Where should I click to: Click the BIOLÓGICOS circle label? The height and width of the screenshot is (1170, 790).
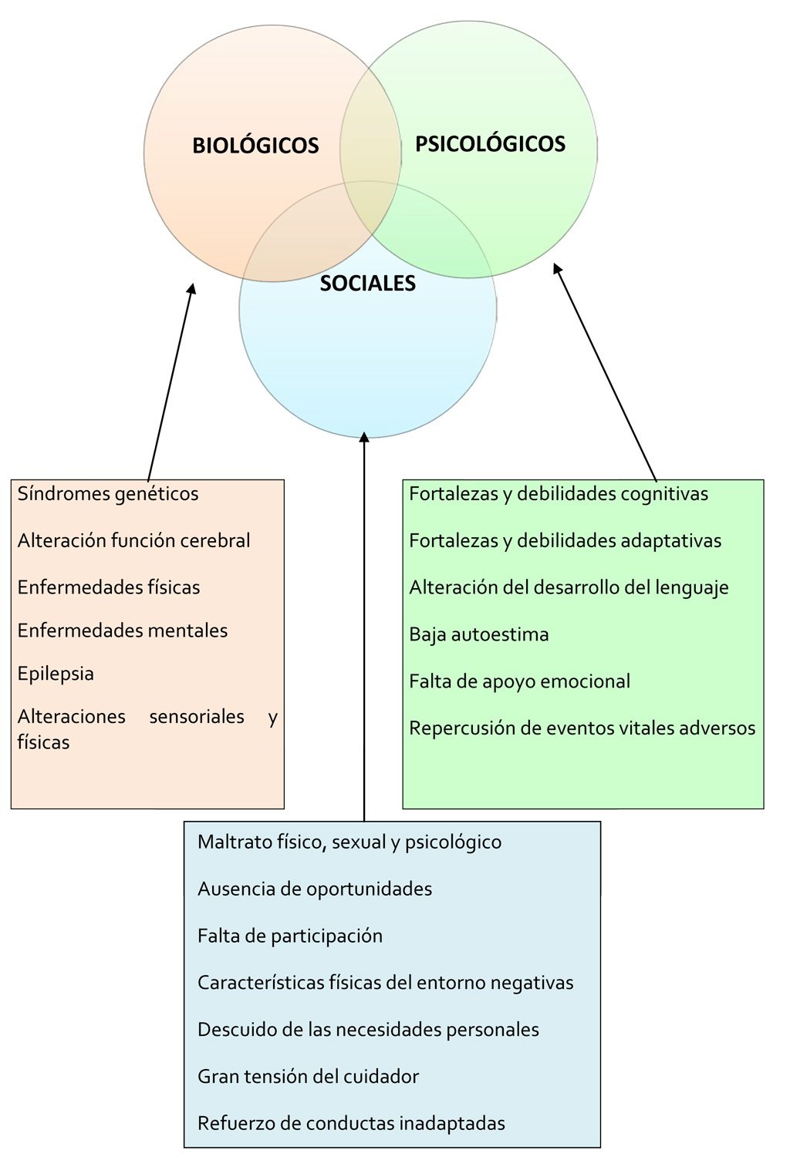click(x=255, y=145)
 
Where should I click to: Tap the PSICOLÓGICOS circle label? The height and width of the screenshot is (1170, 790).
click(x=491, y=143)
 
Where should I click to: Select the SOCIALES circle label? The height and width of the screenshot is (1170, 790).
click(x=368, y=283)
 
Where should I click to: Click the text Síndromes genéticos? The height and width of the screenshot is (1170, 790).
click(x=108, y=494)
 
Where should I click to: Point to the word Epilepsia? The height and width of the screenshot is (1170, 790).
click(x=56, y=674)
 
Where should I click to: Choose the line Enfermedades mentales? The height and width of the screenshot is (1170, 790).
click(x=123, y=630)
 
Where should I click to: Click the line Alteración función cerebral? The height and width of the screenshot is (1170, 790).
click(x=133, y=540)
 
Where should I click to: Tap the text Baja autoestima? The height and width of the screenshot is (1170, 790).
click(x=479, y=634)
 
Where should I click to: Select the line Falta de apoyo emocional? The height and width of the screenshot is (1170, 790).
click(x=520, y=681)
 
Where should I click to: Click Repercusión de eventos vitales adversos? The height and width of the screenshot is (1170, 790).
click(x=582, y=728)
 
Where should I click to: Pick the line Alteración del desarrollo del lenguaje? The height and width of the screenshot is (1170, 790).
click(x=569, y=587)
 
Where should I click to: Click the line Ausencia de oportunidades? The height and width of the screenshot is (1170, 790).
click(x=315, y=889)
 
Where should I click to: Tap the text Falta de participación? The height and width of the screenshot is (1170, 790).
click(x=290, y=936)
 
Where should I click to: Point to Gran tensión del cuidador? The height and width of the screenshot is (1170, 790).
click(x=309, y=1076)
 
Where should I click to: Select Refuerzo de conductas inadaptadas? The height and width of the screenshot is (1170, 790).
click(x=351, y=1123)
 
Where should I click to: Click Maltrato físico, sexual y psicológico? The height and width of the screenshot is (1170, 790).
click(x=349, y=842)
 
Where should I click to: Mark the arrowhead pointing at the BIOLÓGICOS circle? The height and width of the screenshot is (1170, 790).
click(x=192, y=289)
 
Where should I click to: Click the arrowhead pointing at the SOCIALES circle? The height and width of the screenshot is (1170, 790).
click(x=364, y=437)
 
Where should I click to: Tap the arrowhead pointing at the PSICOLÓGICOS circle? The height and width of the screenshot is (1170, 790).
click(x=557, y=268)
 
